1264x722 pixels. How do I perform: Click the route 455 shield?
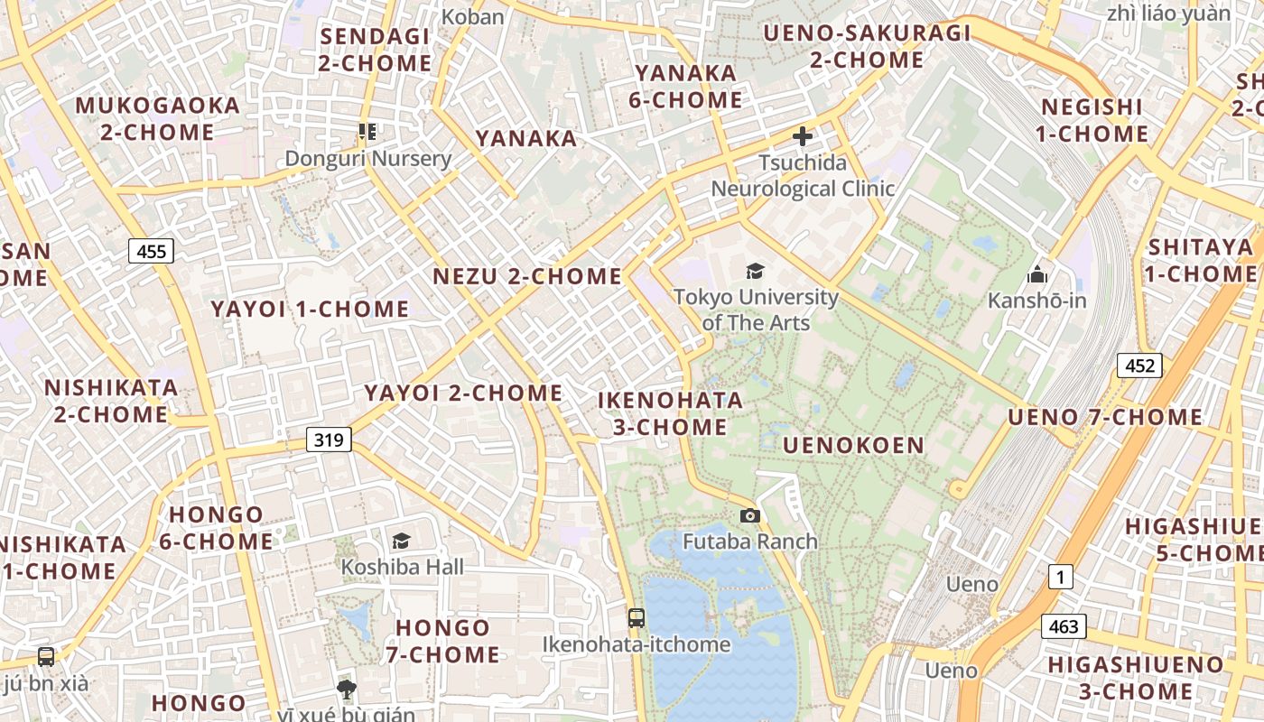click(x=151, y=251)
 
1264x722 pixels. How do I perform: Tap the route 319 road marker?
click(x=329, y=440)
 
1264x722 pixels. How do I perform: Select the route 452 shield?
click(x=1139, y=366)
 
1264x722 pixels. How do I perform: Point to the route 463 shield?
click(x=1064, y=625)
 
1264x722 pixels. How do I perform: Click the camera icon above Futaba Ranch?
click(x=749, y=516)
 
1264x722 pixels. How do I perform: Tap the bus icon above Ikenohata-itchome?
click(x=637, y=618)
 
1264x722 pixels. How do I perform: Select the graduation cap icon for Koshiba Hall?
click(x=401, y=541)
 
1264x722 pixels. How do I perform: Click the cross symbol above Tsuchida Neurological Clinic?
click(x=802, y=137)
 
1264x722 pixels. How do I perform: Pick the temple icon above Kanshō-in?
click(x=1037, y=273)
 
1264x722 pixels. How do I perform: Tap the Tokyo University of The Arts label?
click(x=756, y=309)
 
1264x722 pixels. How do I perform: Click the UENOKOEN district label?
click(x=853, y=445)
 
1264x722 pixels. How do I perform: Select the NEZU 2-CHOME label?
click(x=527, y=276)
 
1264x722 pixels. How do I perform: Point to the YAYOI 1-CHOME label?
click(x=310, y=309)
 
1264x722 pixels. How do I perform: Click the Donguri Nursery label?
click(x=367, y=159)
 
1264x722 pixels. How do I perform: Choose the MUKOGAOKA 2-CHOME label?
click(x=158, y=118)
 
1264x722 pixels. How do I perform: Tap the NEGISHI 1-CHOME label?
click(x=1092, y=120)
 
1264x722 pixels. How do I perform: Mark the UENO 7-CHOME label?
click(x=1104, y=417)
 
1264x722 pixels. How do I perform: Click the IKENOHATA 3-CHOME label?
click(x=671, y=413)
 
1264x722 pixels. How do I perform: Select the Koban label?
click(x=473, y=16)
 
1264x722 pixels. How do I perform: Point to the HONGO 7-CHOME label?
click(x=442, y=641)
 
